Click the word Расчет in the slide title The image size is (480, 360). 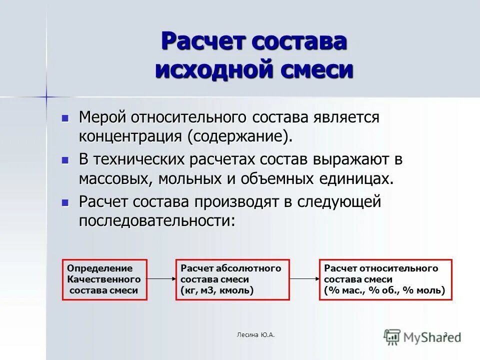203,41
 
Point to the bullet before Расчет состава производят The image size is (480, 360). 64,203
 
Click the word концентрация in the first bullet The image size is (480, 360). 130,135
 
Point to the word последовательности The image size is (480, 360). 156,220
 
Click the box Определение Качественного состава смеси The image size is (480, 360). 104,279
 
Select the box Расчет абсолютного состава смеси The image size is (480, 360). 232,279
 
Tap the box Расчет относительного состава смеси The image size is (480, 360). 385,279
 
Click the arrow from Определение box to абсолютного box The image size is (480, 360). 161,279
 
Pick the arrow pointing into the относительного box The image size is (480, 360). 304,279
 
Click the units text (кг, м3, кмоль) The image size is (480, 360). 217,290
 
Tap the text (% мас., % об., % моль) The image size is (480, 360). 384,290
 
